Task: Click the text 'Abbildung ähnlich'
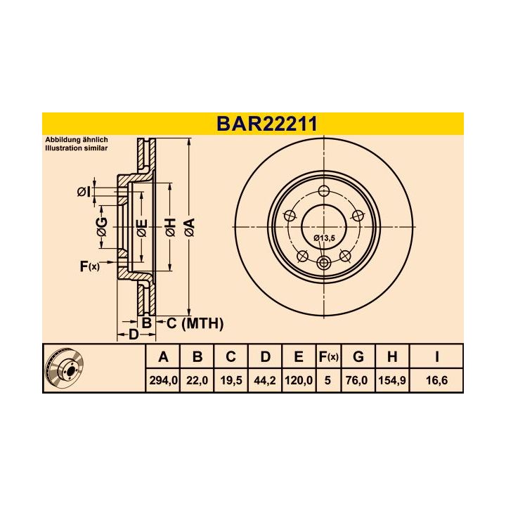point(75,140)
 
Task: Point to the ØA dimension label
point(188,226)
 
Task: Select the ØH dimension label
point(169,226)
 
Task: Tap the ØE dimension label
point(141,226)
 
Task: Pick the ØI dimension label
point(82,192)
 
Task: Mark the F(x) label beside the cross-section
point(90,266)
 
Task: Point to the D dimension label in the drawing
point(134,335)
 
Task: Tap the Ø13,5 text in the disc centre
point(324,238)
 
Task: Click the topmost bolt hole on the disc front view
point(324,192)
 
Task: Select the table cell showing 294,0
point(164,380)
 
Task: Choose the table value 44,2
point(265,380)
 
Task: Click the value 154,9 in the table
point(392,380)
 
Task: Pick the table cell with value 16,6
point(436,380)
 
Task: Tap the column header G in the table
point(358,357)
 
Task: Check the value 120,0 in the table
point(299,380)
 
